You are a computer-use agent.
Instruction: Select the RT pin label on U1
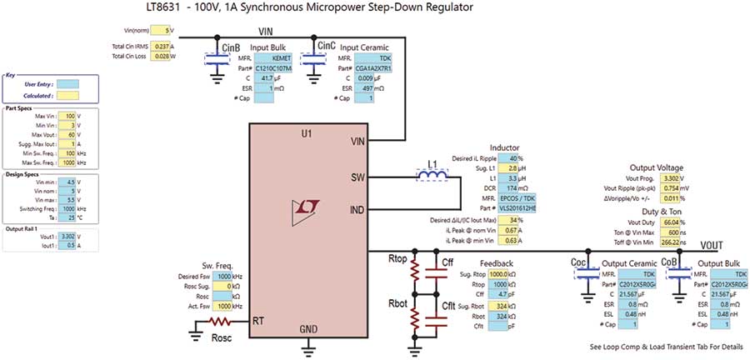pos(258,321)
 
